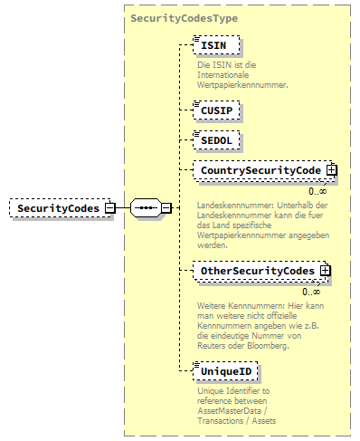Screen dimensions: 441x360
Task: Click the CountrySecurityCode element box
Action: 260,169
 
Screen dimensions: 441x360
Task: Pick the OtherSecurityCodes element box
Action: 257,271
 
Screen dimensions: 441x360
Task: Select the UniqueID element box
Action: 226,371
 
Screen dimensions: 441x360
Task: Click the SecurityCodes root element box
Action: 56,208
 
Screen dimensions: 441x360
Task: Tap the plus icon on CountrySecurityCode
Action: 331,169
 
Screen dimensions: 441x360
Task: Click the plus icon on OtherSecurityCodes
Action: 325,271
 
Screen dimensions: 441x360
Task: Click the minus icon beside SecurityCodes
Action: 109,208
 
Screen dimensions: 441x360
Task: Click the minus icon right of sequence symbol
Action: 166,208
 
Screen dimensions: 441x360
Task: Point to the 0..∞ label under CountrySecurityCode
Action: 317,191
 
